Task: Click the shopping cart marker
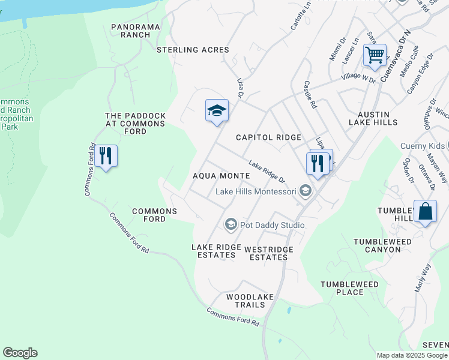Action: (375, 56)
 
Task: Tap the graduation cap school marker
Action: (217, 111)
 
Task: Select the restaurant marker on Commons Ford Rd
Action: (106, 157)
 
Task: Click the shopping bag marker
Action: (425, 212)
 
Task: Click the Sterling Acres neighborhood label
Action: (193, 50)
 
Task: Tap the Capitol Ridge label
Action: (268, 137)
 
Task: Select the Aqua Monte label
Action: (221, 176)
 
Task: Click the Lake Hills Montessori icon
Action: (306, 191)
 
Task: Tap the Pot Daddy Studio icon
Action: (231, 225)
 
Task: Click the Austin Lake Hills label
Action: (373, 118)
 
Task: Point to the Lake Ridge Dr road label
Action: (267, 172)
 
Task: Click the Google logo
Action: (20, 353)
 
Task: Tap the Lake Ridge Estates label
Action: (212, 251)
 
